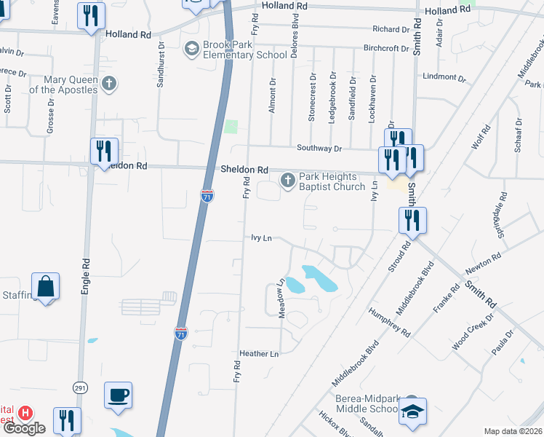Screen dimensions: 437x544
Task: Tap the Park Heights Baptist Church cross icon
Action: point(288,180)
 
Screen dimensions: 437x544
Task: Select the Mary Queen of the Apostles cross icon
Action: point(109,84)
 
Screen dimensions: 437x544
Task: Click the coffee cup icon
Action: point(119,395)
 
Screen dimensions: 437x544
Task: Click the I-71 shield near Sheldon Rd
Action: point(207,195)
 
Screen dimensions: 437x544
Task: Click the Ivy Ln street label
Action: point(261,238)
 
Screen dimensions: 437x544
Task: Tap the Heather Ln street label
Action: point(264,354)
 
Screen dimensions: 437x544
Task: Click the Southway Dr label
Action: point(319,148)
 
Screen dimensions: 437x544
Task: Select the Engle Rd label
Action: point(86,272)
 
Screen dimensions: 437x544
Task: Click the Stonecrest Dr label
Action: point(312,96)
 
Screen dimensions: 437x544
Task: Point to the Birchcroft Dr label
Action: point(386,49)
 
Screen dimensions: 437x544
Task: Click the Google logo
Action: point(25,428)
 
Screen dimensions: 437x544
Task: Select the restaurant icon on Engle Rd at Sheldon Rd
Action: point(104,151)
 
